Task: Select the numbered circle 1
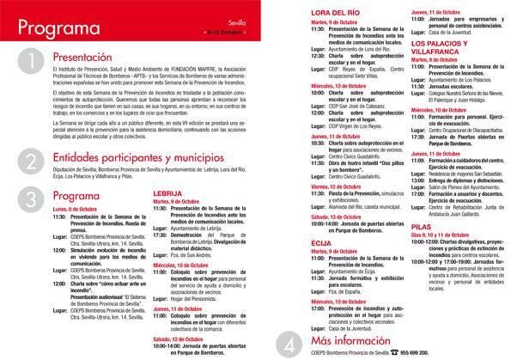[x=29, y=62]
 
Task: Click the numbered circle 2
[x=29, y=162]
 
